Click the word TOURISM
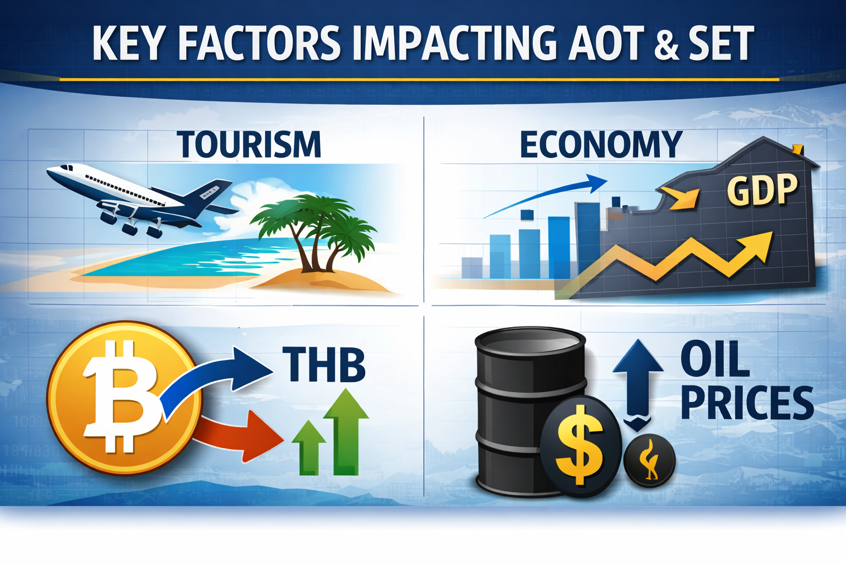coord(249,144)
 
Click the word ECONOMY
coord(600,144)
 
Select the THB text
coord(324,364)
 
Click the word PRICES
coord(747,403)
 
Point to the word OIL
coord(714,359)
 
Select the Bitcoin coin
coord(122,398)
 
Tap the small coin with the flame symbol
coord(650,460)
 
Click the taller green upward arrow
coord(346,430)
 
